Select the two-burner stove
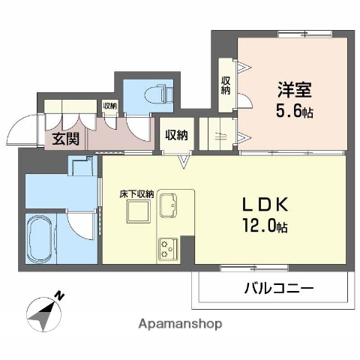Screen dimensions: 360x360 pos(166,248)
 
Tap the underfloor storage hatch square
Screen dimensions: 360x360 pos(139,214)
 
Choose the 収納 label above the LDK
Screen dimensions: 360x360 pos(176,135)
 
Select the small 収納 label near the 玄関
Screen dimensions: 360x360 pos(109,106)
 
